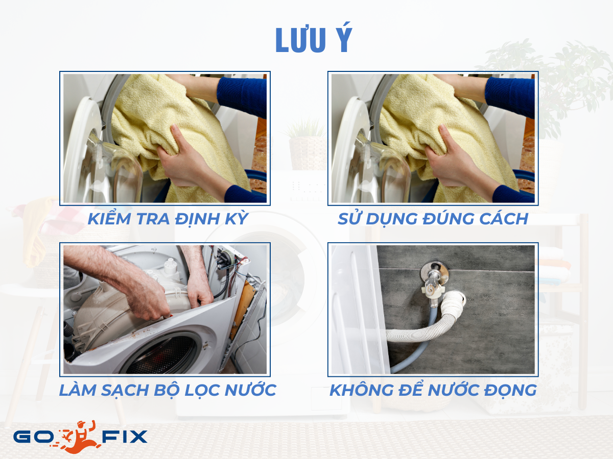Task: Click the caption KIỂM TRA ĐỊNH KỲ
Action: coord(168,219)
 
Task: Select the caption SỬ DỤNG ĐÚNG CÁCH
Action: coord(433,219)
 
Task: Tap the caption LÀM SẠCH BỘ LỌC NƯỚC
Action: coord(168,390)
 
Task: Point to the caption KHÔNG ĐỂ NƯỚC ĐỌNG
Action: coord(433,390)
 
